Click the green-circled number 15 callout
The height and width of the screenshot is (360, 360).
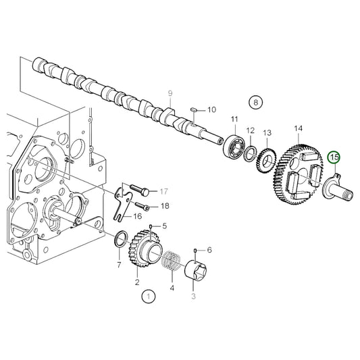[x=334, y=157]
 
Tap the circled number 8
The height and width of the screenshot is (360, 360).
[x=255, y=103]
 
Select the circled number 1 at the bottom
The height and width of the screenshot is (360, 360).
[x=148, y=295]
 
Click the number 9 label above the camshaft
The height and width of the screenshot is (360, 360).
[x=171, y=93]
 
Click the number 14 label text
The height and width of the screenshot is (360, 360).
[x=298, y=128]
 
